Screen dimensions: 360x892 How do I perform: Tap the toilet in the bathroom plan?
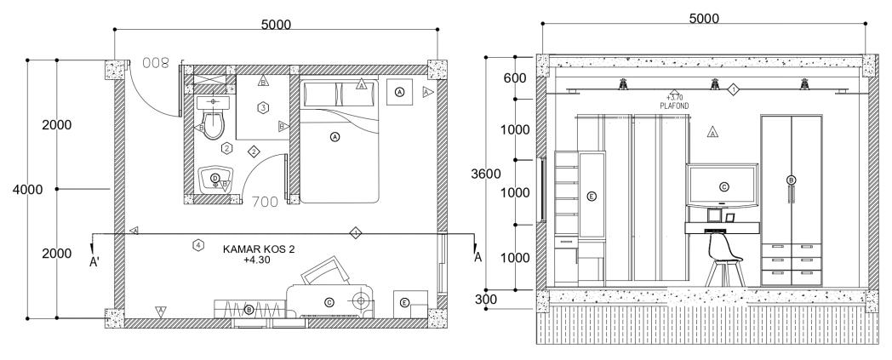pyautogui.click(x=213, y=123)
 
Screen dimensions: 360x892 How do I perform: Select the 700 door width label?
pyautogui.click(x=267, y=203)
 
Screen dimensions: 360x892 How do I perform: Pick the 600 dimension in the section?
pyautogui.click(x=514, y=78)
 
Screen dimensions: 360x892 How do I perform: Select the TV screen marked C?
pyautogui.click(x=723, y=186)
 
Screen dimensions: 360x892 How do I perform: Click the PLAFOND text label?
pyautogui.click(x=674, y=106)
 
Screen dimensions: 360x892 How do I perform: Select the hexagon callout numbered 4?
pyautogui.click(x=198, y=245)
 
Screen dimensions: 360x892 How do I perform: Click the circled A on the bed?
pyautogui.click(x=334, y=136)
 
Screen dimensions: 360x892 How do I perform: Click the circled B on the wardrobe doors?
pyautogui.click(x=791, y=180)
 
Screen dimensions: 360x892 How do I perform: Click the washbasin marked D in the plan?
pyautogui.click(x=214, y=179)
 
